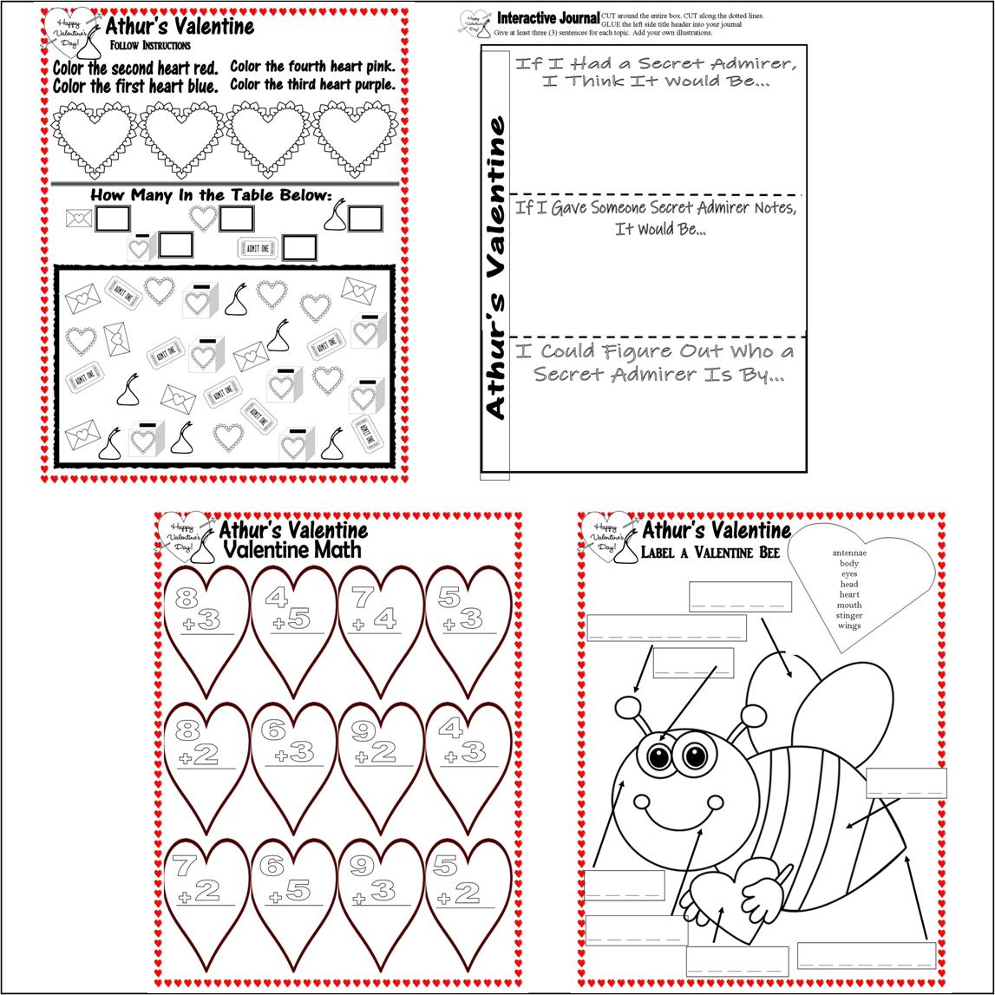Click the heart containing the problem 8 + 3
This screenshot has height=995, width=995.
(x=206, y=625)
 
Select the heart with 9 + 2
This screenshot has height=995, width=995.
(x=381, y=759)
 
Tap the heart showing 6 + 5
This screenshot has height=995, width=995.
(x=293, y=894)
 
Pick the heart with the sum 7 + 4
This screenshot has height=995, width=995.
(x=381, y=625)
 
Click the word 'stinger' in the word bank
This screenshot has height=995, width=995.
(x=849, y=615)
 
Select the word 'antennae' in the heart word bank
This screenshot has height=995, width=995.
(x=849, y=553)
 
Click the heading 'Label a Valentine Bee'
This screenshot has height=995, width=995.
(x=710, y=553)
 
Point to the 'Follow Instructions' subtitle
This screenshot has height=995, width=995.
(x=150, y=45)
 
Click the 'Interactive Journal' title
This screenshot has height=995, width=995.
(x=547, y=18)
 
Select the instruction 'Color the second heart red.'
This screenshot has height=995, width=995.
(x=134, y=68)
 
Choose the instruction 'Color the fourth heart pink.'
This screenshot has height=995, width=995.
(x=312, y=67)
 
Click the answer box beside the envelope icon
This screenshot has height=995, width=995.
(x=113, y=219)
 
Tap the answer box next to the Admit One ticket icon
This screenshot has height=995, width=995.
(x=299, y=248)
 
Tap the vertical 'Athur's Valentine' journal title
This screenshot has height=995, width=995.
(x=495, y=269)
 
